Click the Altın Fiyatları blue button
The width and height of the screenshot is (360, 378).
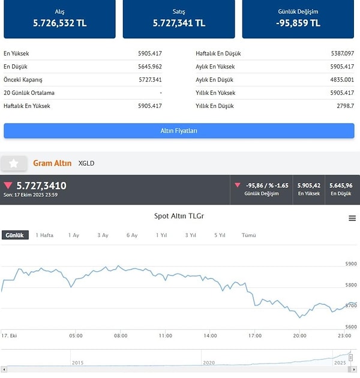[179, 131]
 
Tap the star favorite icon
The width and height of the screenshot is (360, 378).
[14, 163]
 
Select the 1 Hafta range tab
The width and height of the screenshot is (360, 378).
[44, 235]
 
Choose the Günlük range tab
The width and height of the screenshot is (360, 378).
[15, 235]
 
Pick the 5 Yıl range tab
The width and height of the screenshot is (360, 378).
[220, 235]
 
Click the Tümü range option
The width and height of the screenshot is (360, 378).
[248, 235]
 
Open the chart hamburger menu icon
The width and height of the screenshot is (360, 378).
[353, 218]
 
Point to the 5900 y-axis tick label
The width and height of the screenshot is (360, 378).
[351, 264]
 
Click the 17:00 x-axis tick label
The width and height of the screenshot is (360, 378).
[255, 335]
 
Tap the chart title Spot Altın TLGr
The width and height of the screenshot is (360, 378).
[179, 216]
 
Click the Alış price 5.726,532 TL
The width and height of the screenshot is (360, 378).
[59, 23]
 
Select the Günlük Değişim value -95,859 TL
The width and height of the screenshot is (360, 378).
[298, 23]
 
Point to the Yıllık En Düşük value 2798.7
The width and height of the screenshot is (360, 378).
[345, 106]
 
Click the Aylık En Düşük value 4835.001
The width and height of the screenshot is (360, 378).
[343, 80]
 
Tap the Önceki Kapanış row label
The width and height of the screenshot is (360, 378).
[23, 80]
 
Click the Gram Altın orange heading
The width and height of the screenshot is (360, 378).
[52, 163]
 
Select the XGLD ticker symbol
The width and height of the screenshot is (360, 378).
[86, 163]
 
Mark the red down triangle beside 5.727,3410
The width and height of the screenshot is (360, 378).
[8, 185]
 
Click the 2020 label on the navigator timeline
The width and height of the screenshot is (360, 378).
[209, 362]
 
